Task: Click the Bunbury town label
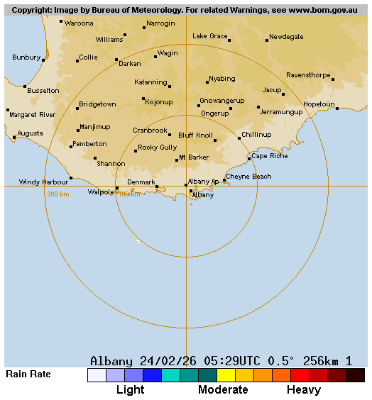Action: (26, 57)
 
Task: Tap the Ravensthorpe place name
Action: (309, 74)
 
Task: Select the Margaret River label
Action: (33, 114)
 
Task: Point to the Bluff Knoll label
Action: (195, 135)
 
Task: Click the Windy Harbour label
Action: (43, 182)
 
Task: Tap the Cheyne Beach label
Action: (248, 176)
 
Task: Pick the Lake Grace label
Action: (210, 35)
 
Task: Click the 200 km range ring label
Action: (58, 194)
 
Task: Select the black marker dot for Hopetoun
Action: (337, 109)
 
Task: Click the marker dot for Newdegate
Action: (267, 40)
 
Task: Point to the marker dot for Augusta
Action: (14, 138)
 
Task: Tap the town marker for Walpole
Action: (117, 188)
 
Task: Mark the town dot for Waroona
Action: (61, 21)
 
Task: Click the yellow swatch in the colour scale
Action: (226, 375)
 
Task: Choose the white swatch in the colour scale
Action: (97, 375)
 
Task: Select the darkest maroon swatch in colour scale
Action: (356, 375)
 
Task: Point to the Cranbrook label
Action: (150, 130)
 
